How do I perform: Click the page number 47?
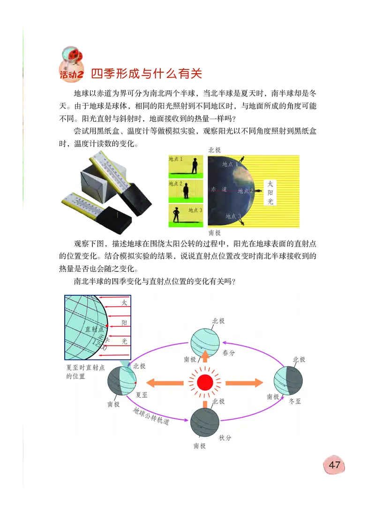(334, 466)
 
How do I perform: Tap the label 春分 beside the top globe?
(229, 352)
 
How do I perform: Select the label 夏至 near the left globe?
(142, 395)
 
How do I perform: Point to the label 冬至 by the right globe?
(296, 401)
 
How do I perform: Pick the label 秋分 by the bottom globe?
(225, 438)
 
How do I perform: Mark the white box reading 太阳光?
(270, 193)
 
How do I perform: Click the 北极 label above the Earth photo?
(214, 150)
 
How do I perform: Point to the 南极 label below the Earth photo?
(214, 232)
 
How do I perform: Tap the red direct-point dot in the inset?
(107, 325)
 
